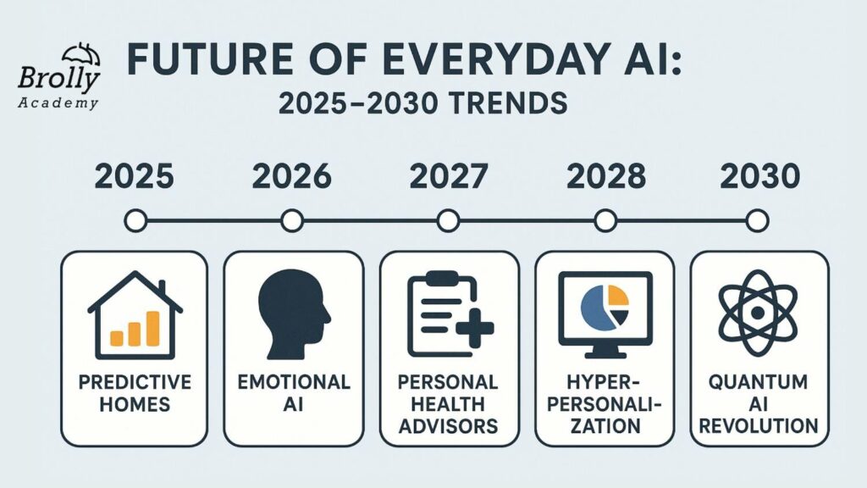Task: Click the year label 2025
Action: (x=135, y=176)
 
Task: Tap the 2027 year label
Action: (x=449, y=176)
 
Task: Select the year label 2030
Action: (x=760, y=176)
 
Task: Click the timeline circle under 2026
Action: (x=292, y=221)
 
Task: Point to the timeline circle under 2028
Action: (x=605, y=221)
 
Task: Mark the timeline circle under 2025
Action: (x=135, y=221)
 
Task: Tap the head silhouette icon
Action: (x=294, y=314)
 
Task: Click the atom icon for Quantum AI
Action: (x=758, y=313)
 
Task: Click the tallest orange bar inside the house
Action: (x=152, y=328)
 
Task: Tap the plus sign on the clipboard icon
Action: (x=475, y=329)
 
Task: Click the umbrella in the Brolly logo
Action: (x=80, y=55)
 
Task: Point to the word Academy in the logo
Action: (x=58, y=103)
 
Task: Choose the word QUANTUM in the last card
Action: (x=758, y=382)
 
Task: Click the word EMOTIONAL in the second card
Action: (x=294, y=382)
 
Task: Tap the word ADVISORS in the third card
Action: (x=449, y=426)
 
